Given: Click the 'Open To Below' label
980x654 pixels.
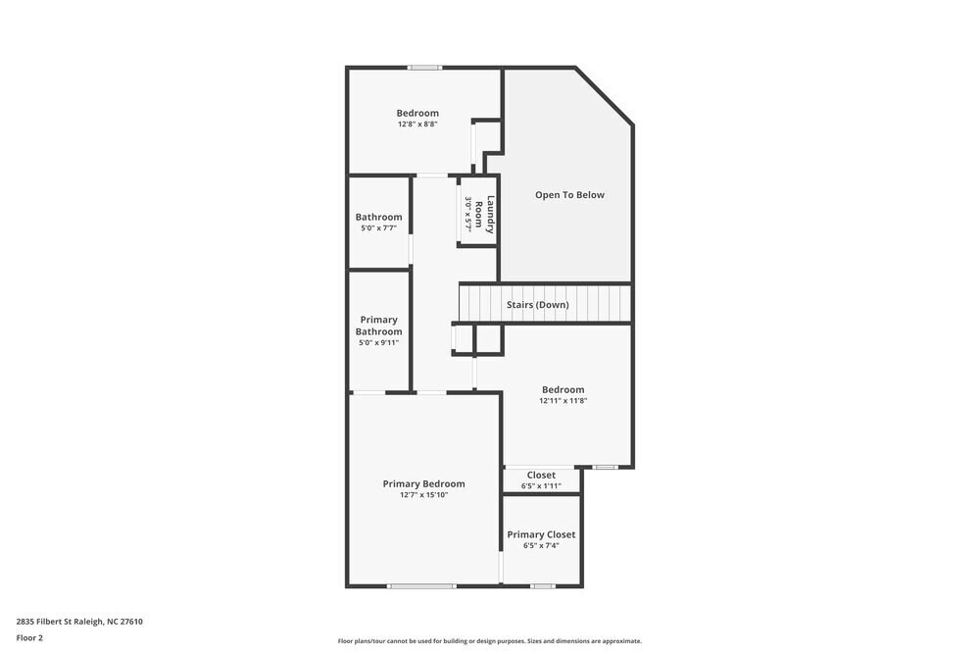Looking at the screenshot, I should point(569,195).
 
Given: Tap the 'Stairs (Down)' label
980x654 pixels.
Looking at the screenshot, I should point(537,305).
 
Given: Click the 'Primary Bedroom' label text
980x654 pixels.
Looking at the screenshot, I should point(423,483).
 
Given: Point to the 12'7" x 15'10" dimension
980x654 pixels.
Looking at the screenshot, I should point(423,495).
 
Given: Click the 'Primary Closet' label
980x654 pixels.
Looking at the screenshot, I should point(541,534).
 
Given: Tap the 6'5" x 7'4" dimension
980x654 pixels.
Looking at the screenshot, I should point(541,546).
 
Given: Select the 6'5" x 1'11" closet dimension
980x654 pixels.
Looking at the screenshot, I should point(541,486).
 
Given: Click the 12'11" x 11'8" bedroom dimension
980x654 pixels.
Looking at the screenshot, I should point(563,401).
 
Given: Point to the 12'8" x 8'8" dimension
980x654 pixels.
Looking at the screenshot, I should point(417,125).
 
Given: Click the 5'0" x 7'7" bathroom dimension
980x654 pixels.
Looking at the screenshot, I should point(378,228).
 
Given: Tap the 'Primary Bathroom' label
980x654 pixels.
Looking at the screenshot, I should point(378,326).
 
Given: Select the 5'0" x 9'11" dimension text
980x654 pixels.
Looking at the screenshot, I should point(378,343).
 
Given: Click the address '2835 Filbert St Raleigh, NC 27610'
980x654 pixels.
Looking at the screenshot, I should point(79,621).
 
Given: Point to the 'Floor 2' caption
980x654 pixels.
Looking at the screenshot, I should point(29,637).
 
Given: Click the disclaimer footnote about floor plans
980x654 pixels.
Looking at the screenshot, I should point(490,641).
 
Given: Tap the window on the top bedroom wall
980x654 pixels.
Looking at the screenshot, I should point(425,68).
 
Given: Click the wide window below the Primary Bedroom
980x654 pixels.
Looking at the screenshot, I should point(421,586).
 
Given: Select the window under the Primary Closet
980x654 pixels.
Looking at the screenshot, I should point(543,586).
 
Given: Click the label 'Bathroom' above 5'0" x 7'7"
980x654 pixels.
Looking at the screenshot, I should point(378,217).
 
